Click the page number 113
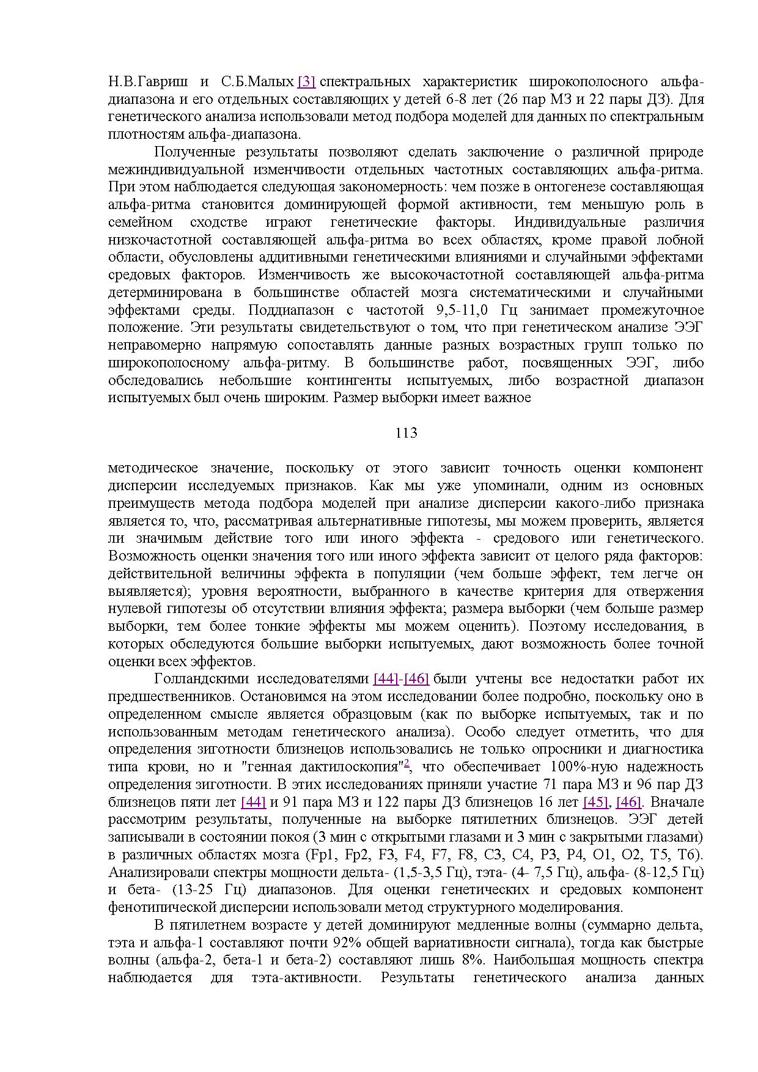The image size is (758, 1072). [x=406, y=433]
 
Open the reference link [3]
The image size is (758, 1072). [x=306, y=81]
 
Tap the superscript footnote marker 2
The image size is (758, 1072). [x=406, y=763]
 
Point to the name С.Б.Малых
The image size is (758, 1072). [x=258, y=81]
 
